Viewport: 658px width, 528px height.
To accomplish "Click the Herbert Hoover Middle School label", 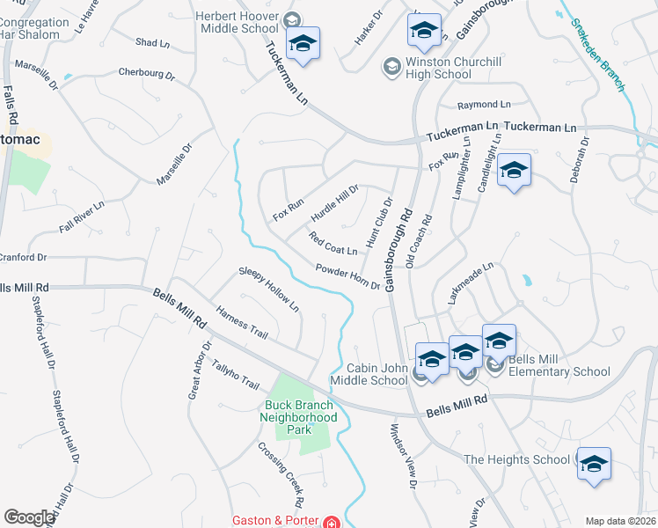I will coord(237,22).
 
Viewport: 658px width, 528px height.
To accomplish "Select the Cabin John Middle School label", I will coord(369,374).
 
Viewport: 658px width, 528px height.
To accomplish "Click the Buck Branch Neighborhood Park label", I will coord(301,417).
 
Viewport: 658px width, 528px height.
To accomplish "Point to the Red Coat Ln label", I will coord(333,244).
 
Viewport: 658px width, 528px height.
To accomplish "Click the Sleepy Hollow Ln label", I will coord(269,290).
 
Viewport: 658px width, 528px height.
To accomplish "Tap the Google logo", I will coord(29,517).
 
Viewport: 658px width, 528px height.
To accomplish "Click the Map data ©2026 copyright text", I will coord(619,521).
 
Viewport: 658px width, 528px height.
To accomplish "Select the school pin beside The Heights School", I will coord(594,464).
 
